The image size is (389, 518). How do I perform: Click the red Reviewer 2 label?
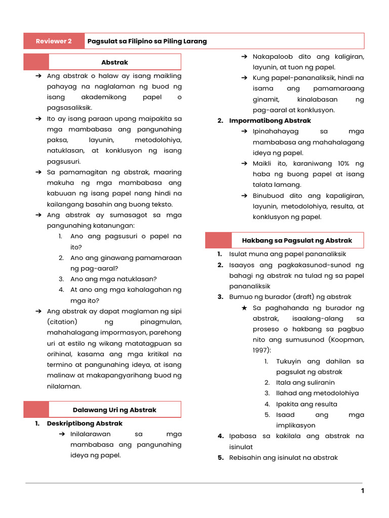[54, 41]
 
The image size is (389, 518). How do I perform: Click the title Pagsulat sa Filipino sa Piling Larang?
[147, 41]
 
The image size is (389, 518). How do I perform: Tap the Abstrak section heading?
[114, 62]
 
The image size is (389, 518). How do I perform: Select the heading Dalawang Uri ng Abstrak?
[114, 410]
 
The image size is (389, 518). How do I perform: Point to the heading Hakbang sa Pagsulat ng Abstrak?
[297, 240]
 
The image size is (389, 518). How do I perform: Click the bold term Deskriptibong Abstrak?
[85, 423]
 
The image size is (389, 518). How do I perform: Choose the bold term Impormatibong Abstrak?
[270, 121]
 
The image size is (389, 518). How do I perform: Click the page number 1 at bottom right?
[363, 491]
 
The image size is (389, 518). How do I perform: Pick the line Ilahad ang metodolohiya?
[317, 393]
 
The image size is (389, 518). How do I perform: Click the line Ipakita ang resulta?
[306, 404]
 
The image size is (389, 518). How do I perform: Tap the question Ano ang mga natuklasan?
[113, 279]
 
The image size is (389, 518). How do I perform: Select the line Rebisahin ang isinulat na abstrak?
[283, 458]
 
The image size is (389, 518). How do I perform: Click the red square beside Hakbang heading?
[218, 240]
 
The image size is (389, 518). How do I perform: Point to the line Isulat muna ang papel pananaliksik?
[287, 254]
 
